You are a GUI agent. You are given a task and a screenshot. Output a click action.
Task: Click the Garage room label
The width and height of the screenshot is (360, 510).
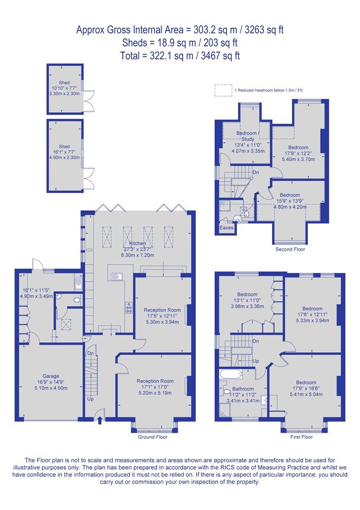pos(50,375)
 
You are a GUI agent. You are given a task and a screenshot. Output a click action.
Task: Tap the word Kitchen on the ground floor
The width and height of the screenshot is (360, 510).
pos(138,243)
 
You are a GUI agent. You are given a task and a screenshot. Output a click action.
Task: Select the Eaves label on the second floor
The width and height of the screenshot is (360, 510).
pos(226,227)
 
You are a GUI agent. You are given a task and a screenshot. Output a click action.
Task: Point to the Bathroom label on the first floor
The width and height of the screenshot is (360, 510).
pos(243,389)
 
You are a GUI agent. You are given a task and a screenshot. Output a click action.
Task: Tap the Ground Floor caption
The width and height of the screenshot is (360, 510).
pos(153,437)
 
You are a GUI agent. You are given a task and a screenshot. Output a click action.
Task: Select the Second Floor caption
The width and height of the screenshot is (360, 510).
pos(290,249)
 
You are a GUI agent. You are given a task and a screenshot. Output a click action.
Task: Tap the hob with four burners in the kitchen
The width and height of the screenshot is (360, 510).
pos(130,307)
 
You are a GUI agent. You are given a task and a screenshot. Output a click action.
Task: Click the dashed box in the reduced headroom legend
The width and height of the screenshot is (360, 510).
pos(223,90)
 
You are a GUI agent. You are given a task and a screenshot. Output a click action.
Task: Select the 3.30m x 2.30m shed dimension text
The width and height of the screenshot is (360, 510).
pos(64,93)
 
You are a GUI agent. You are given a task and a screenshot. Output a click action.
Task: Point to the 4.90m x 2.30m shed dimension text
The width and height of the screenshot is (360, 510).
pos(64,157)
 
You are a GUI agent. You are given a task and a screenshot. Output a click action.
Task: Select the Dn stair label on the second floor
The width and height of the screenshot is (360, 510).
pos(256,172)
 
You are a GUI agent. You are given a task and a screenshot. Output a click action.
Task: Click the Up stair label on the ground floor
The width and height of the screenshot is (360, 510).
pos(90,399)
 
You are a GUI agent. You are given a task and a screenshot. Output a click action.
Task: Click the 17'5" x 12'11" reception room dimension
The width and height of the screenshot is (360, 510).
pos(162,316)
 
